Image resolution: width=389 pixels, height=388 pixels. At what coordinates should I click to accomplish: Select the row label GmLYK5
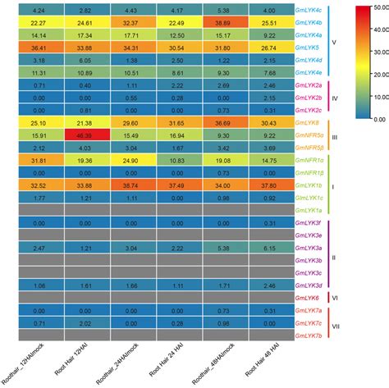(x=306, y=48)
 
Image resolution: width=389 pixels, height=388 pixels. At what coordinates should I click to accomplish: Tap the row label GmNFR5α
(x=309, y=135)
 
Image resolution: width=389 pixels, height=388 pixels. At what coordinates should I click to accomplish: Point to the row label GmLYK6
(x=306, y=297)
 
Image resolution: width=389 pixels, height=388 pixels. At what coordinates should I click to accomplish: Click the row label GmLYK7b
(x=308, y=335)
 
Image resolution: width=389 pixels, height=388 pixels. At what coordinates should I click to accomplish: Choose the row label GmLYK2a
(x=308, y=85)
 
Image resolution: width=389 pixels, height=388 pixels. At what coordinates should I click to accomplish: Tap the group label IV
(x=334, y=98)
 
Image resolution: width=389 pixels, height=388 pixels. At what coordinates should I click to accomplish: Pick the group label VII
(x=335, y=324)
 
